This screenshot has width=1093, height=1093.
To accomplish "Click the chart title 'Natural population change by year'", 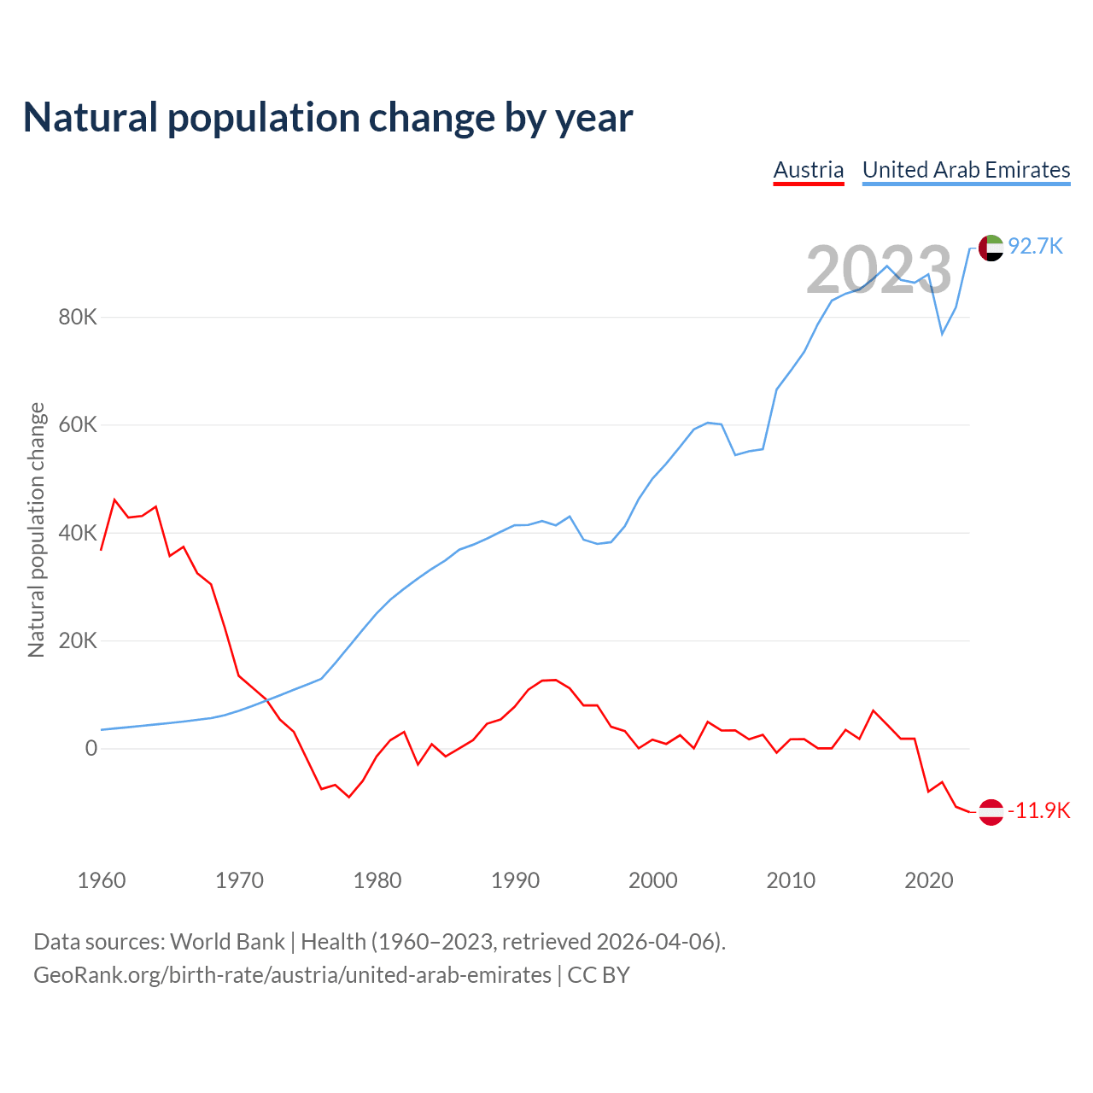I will (x=328, y=117).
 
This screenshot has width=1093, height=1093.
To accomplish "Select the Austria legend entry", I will (x=808, y=170).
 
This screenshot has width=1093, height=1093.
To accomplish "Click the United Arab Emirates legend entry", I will (x=966, y=170).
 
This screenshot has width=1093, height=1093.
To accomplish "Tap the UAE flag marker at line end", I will (x=991, y=248).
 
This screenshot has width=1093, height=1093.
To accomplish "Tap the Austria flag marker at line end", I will (x=991, y=811).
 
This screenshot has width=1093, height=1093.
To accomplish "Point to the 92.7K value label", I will (x=1035, y=246).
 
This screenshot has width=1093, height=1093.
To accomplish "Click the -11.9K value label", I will (x=1038, y=810).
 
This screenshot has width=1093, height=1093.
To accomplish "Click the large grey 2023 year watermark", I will (x=879, y=270).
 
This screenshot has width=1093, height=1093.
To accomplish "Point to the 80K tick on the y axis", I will (x=78, y=318).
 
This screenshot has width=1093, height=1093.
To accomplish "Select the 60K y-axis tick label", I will (x=78, y=425).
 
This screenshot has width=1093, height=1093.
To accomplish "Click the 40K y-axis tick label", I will (x=78, y=533).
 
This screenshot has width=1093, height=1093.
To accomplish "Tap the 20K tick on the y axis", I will (x=78, y=641).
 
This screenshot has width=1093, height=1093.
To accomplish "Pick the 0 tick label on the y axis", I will (x=91, y=749).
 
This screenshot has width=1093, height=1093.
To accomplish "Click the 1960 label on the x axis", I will (x=102, y=880).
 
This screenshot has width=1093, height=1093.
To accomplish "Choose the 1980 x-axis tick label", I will (x=377, y=880).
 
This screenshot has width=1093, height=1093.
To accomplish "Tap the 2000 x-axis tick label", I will (x=653, y=880).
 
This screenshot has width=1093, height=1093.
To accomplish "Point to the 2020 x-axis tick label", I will (x=929, y=880).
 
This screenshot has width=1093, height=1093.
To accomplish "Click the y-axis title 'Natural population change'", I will (x=36, y=530).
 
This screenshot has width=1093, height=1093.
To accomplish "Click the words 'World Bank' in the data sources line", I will (x=227, y=942).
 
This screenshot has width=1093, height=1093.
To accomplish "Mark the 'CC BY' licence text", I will (x=599, y=975).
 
